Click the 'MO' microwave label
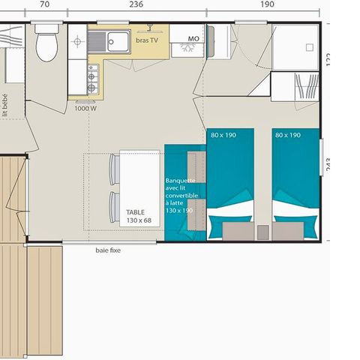pyautogui.click(x=193, y=38)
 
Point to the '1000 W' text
pyautogui.click(x=85, y=108)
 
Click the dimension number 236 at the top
pyautogui.click(x=136, y=4)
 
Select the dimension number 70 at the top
pyautogui.click(x=44, y=4)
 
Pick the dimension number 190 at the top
pyautogui.click(x=267, y=4)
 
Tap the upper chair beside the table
pyautogui.click(x=114, y=168)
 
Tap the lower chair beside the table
pyautogui.click(x=114, y=207)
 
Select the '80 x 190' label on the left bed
pyautogui.click(x=223, y=135)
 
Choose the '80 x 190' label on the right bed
pyautogui.click(x=288, y=135)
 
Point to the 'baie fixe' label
pyautogui.click(x=108, y=250)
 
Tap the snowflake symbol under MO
pyautogui.click(x=186, y=48)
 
